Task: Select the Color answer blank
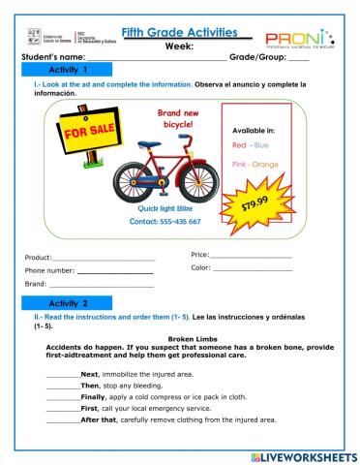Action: pyautogui.click(x=253, y=269)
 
